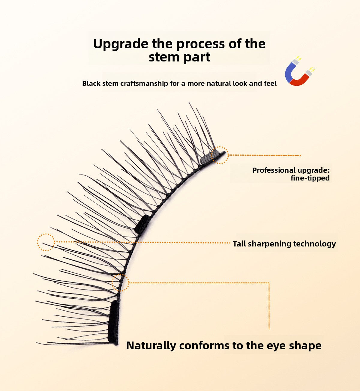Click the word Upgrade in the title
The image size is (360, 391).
[x=121, y=44]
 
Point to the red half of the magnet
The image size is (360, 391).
[x=300, y=79]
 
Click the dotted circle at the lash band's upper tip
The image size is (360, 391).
[x=220, y=155]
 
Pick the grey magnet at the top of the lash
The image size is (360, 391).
[x=206, y=159]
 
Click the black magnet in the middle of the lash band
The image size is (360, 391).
[x=142, y=224]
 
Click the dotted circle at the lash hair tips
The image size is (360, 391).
[x=46, y=242]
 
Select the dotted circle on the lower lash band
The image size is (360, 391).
[x=120, y=282]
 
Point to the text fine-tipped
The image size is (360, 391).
[x=310, y=178]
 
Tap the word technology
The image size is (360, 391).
[x=314, y=244]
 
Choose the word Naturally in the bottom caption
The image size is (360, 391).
[x=151, y=345]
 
